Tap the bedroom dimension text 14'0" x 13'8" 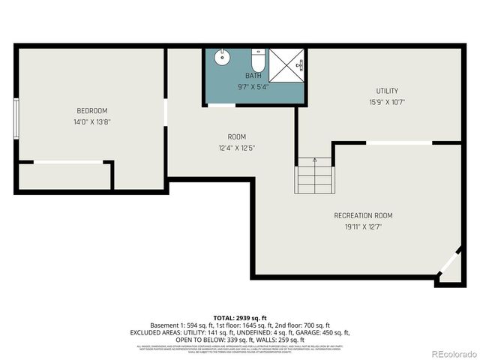(x=92, y=121)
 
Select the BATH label (x=253, y=76)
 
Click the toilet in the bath (x=256, y=60)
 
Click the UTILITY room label (x=387, y=91)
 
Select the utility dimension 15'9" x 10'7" (x=387, y=102)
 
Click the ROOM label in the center (x=237, y=136)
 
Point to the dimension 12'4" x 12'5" (x=237, y=147)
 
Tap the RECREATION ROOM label (x=363, y=216)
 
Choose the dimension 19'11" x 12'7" (x=363, y=226)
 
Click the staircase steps (x=315, y=178)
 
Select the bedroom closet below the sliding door (x=64, y=176)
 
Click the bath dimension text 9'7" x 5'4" (x=253, y=86)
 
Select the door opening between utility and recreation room (x=399, y=142)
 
